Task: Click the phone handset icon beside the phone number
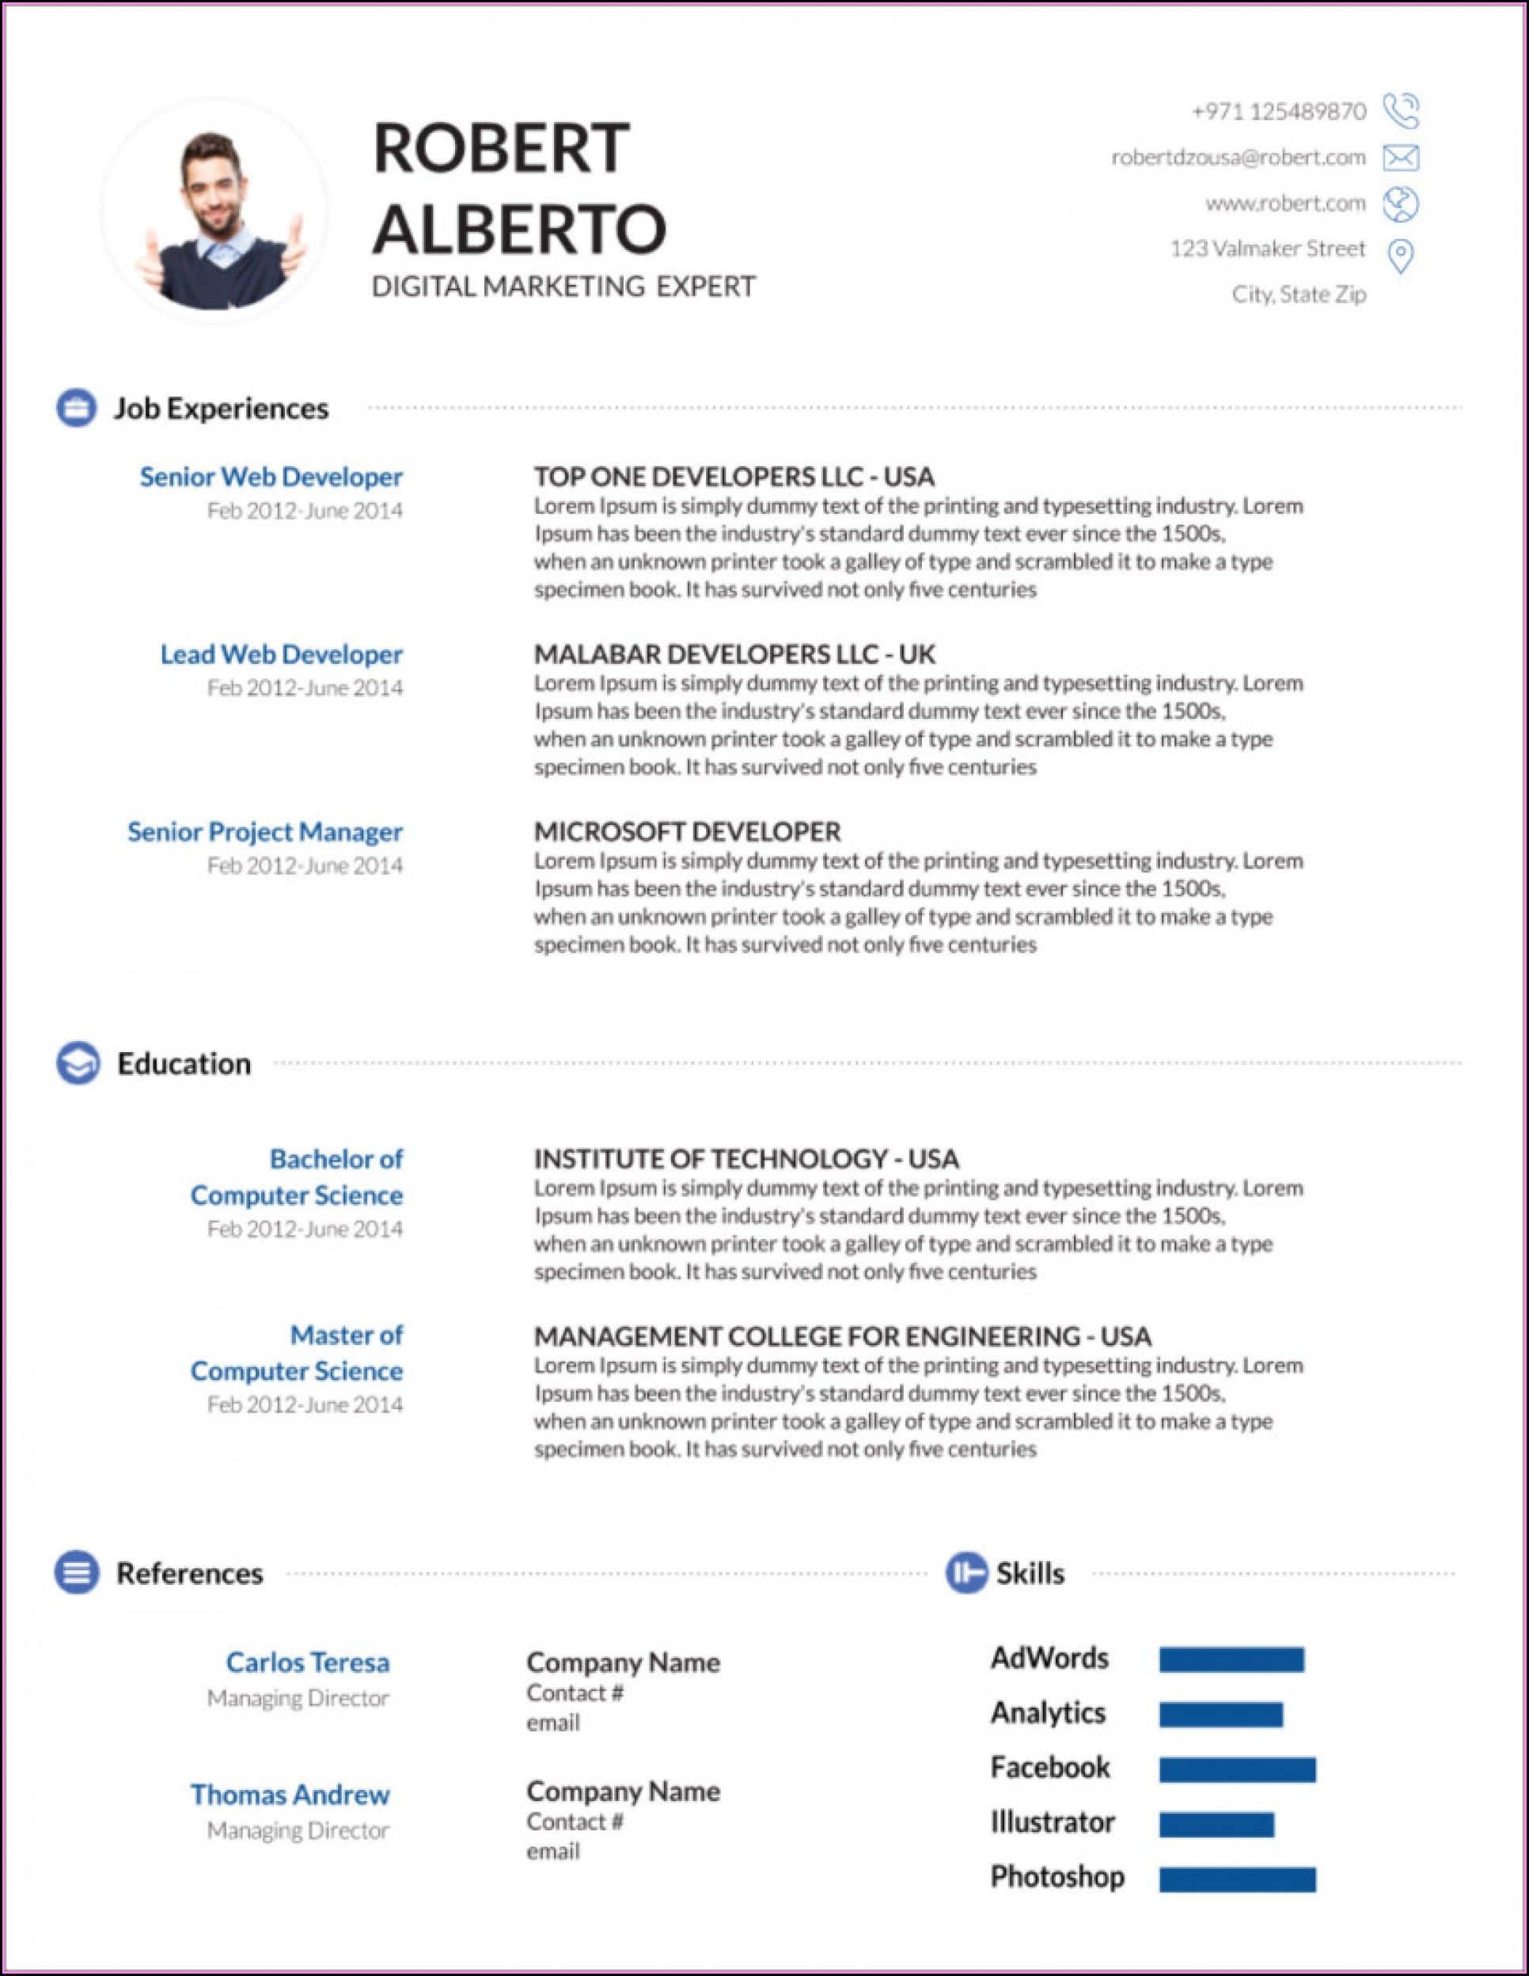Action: click(1401, 112)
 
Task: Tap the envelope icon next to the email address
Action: click(1401, 158)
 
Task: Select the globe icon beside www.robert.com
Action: click(1401, 204)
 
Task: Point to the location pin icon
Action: click(1401, 256)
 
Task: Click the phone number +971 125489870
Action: click(1278, 112)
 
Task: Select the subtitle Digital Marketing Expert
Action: click(563, 287)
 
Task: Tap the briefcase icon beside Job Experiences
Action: click(77, 408)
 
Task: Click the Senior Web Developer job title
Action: click(271, 477)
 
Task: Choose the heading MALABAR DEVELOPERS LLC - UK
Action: click(734, 654)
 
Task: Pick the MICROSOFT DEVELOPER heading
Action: click(687, 831)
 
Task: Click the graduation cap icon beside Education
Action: click(78, 1063)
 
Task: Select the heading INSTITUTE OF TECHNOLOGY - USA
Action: click(746, 1159)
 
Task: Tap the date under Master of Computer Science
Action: click(305, 1404)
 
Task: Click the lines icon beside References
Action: click(77, 1572)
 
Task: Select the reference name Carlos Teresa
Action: click(308, 1662)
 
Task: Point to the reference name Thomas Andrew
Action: click(290, 1794)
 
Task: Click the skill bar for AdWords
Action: click(1231, 1659)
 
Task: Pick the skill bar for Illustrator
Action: click(1216, 1824)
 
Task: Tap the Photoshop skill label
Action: click(1057, 1876)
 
